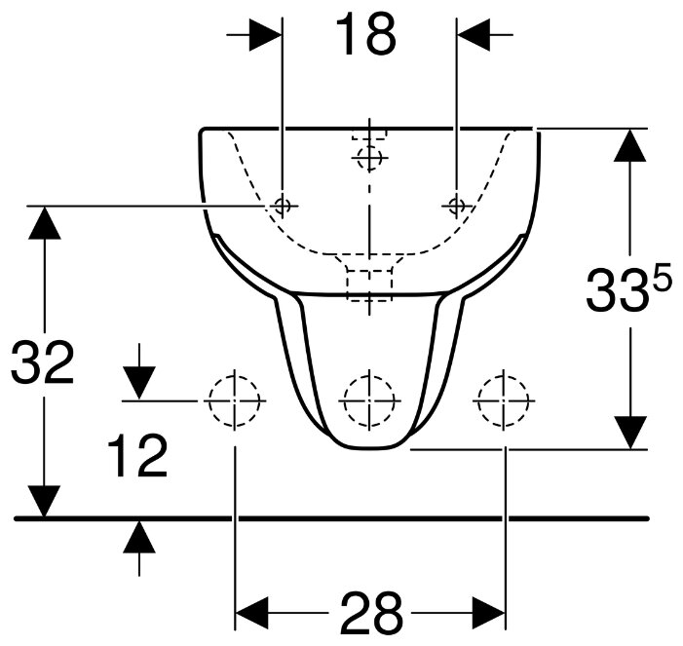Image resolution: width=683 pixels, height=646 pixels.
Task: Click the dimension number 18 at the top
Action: point(366,35)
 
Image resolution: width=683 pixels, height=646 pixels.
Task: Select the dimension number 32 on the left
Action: point(42,363)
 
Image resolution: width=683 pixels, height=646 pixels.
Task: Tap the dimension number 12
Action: point(137,457)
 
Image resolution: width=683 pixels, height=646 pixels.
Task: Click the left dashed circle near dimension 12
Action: point(234,400)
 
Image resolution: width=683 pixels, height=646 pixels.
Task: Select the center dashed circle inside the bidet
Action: point(369,400)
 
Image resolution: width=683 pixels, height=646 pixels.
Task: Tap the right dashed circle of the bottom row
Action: point(504,400)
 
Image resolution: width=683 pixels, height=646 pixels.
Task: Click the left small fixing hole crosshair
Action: point(283,205)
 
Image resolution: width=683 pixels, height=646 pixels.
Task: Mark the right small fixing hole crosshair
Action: point(456,205)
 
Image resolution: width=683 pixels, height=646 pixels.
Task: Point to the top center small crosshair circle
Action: point(369,157)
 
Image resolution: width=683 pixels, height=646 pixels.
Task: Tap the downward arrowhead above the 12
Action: point(139,384)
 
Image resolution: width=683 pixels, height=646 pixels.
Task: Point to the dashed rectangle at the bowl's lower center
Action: point(369,281)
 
